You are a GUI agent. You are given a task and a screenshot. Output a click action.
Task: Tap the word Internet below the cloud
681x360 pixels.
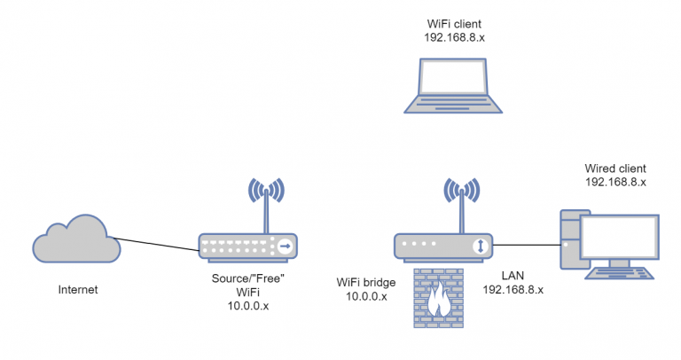pyautogui.click(x=78, y=290)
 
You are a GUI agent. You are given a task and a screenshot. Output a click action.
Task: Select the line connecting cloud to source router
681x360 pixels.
pyautogui.click(x=155, y=243)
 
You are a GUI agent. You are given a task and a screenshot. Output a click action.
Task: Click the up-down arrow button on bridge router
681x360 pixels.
pyautogui.click(x=480, y=246)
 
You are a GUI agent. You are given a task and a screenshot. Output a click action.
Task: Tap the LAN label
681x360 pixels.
pyautogui.click(x=513, y=275)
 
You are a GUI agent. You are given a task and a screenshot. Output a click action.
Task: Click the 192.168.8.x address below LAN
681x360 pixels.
pyautogui.click(x=513, y=290)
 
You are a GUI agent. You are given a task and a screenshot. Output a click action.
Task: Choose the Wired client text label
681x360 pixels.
pyautogui.click(x=615, y=168)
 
